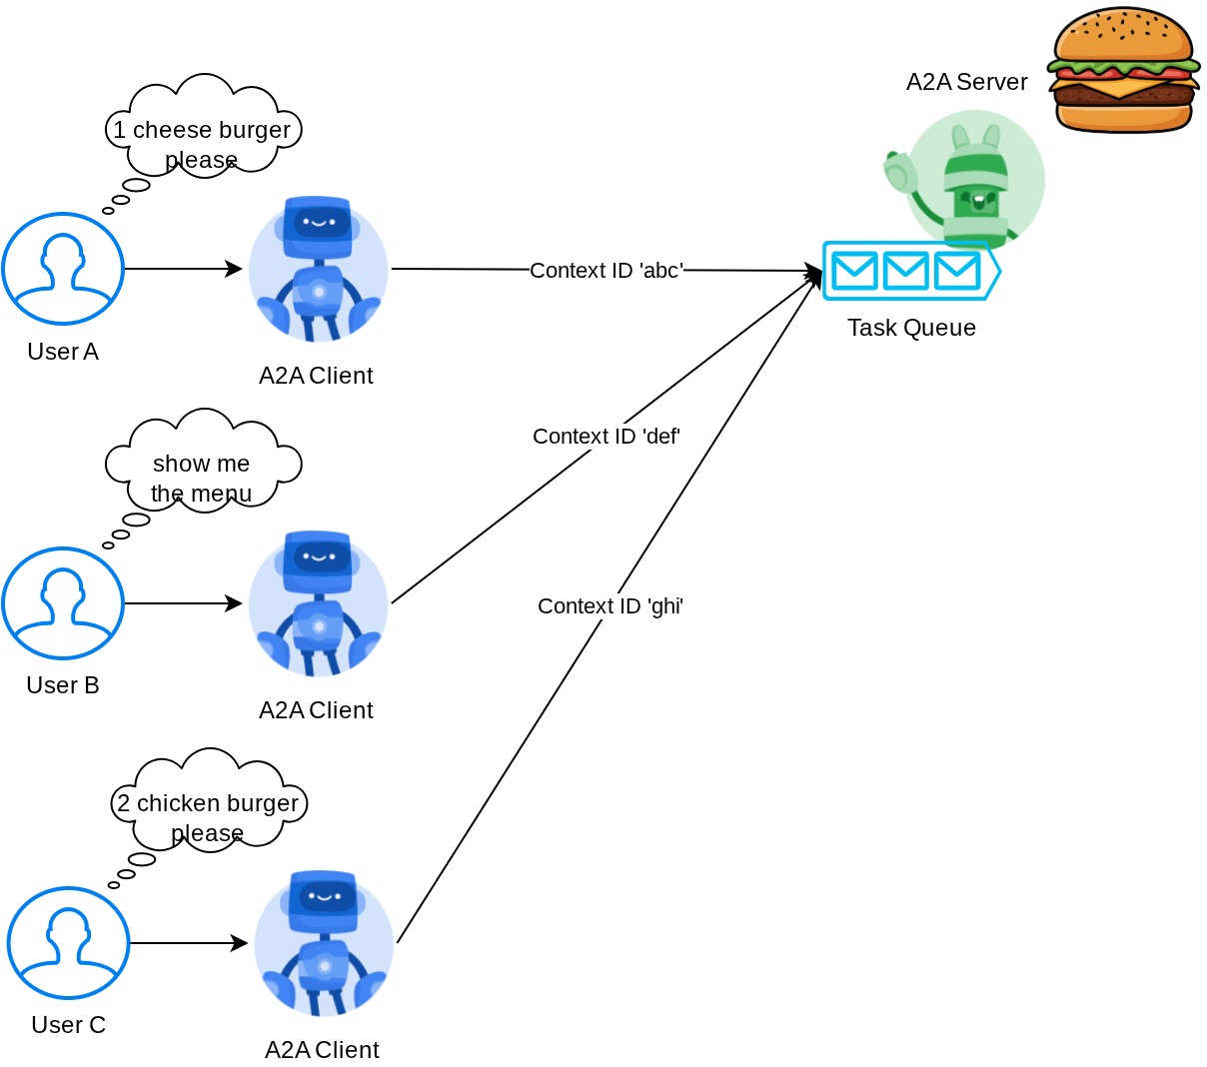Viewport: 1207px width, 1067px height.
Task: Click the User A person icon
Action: click(x=63, y=269)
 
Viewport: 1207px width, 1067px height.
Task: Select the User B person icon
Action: click(x=63, y=603)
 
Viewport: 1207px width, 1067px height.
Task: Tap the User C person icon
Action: click(x=69, y=943)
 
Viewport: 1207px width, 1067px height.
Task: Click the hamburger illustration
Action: click(x=1123, y=70)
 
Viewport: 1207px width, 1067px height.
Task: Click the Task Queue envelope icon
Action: click(x=909, y=270)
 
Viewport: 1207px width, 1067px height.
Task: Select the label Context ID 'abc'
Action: click(x=606, y=271)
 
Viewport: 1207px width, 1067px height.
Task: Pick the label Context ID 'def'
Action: click(x=606, y=437)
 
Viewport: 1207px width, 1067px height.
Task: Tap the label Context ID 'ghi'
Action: click(x=610, y=606)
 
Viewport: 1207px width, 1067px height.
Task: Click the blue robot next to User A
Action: click(x=318, y=269)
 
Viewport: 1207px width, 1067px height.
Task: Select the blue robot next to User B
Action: click(x=318, y=603)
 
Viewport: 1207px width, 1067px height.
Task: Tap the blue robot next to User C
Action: click(x=324, y=943)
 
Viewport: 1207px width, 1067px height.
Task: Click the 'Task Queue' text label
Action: click(x=911, y=328)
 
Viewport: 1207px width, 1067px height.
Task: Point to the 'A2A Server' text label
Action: click(x=966, y=82)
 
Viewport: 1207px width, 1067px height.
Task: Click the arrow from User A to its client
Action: click(x=183, y=269)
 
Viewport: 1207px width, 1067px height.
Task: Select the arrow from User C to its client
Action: click(x=188, y=943)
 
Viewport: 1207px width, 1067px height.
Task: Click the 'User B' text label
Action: click(x=63, y=685)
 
